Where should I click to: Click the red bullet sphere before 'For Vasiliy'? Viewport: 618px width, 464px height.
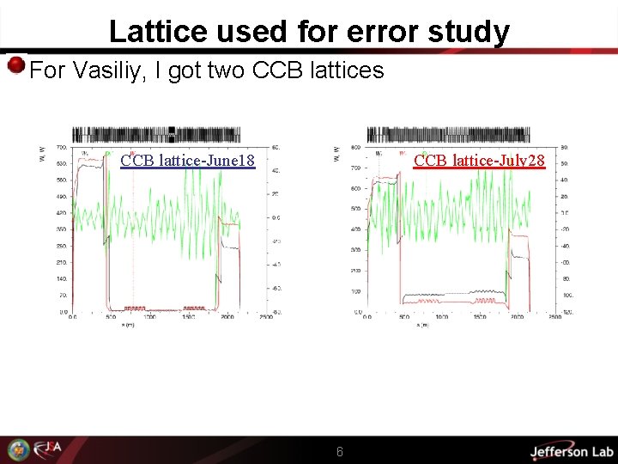coord(15,66)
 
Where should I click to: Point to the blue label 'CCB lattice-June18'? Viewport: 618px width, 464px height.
coord(188,161)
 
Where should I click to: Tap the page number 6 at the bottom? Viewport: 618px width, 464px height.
coord(340,451)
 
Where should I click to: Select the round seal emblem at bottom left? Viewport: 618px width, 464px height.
coord(18,450)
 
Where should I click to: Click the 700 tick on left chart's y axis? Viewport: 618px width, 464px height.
coord(62,149)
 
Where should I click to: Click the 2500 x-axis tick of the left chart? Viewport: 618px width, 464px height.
coord(266,317)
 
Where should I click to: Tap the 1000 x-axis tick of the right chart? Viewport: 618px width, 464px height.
coord(443,317)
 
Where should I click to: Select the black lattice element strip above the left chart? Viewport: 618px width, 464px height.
coord(156,135)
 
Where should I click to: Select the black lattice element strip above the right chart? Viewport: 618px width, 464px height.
coord(448,135)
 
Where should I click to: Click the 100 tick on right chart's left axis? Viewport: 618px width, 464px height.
coord(355,291)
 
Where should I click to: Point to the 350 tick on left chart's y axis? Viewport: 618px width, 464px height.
coord(62,229)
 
